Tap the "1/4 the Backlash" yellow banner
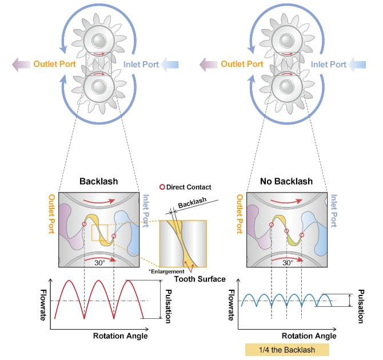point(288,350)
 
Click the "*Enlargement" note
point(166,270)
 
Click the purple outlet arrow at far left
point(21,64)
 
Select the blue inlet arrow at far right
point(363,64)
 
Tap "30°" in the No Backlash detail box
point(287,263)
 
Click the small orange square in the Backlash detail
point(99,234)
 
